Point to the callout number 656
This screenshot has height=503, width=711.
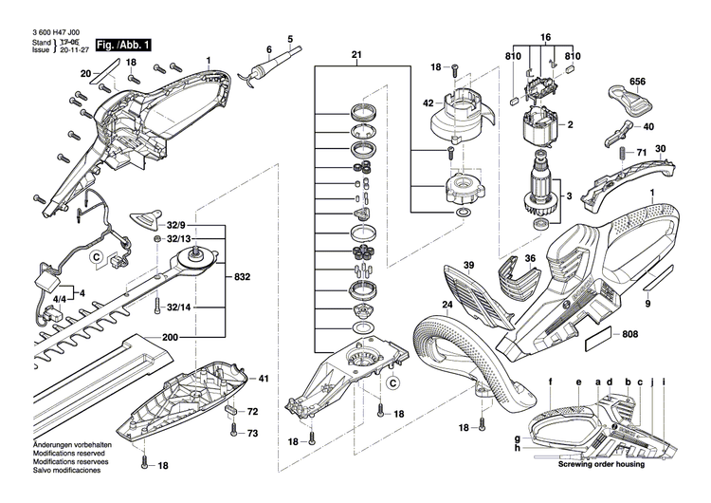pyautogui.click(x=638, y=83)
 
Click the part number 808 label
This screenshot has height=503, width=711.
pyautogui.click(x=629, y=334)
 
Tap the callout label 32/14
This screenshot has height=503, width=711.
pyautogui.click(x=179, y=308)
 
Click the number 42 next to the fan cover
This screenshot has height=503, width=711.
pyautogui.click(x=428, y=102)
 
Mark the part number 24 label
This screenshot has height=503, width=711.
pyautogui.click(x=446, y=305)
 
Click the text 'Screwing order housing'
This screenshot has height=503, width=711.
pyautogui.click(x=600, y=464)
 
